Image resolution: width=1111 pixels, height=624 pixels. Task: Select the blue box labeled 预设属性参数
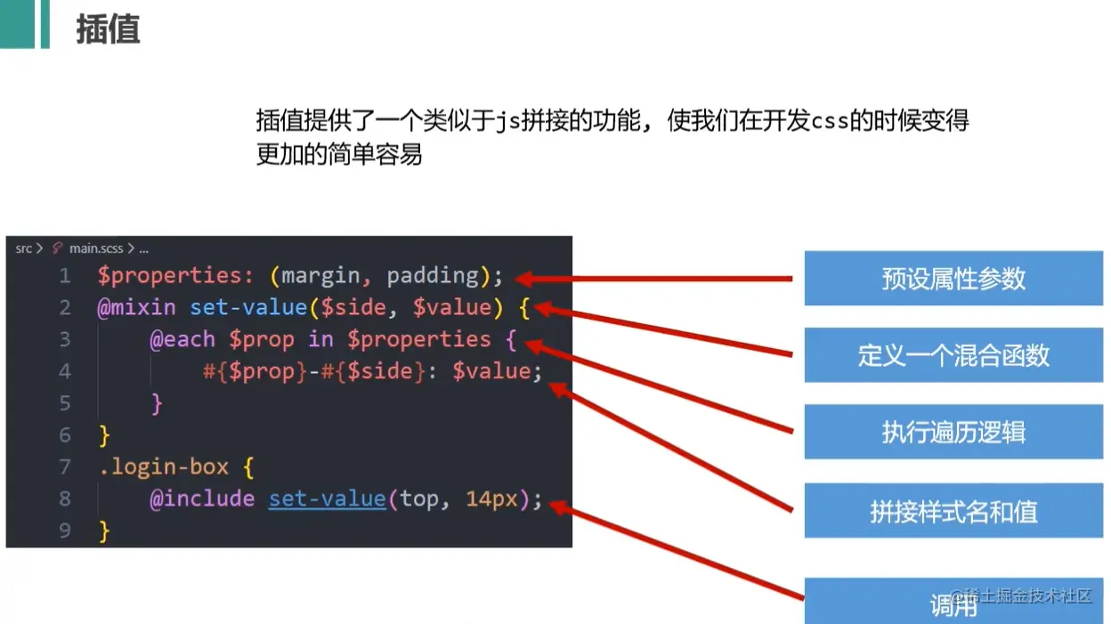pyautogui.click(x=953, y=279)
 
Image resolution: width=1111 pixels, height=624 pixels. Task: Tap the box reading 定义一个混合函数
pyautogui.click(x=953, y=355)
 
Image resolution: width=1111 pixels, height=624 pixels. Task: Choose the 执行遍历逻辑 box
pyautogui.click(x=953, y=433)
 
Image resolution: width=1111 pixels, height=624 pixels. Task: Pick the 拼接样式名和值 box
pyautogui.click(x=953, y=511)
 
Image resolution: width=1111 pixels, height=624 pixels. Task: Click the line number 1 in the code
pyautogui.click(x=64, y=276)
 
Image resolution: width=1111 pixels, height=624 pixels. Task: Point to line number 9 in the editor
pyautogui.click(x=64, y=531)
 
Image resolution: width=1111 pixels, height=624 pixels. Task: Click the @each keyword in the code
pyautogui.click(x=182, y=339)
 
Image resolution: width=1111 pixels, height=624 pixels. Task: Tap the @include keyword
pyautogui.click(x=202, y=498)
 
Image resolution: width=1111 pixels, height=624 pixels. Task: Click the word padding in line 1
pyautogui.click(x=433, y=276)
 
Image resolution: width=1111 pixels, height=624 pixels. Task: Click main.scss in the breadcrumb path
pyautogui.click(x=96, y=248)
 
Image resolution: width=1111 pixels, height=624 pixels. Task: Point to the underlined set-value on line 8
pyautogui.click(x=327, y=498)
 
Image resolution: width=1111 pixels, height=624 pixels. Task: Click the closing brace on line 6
pyautogui.click(x=104, y=435)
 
